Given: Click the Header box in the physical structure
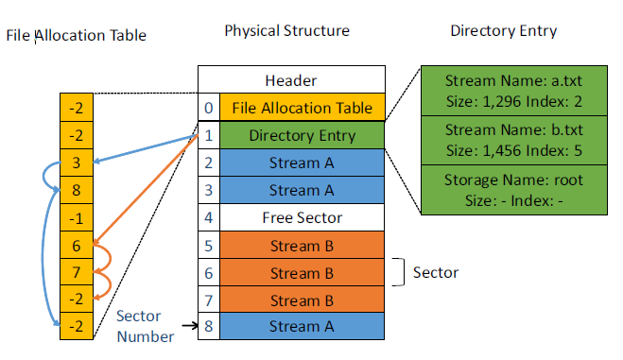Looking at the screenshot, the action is (x=291, y=79).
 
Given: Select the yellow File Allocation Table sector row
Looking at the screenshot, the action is (x=302, y=108).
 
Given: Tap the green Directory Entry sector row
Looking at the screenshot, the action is (x=302, y=135).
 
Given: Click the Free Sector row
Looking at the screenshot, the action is (x=302, y=217).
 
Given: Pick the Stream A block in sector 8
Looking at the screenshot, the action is (x=302, y=326).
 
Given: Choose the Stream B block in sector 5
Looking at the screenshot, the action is (x=302, y=246).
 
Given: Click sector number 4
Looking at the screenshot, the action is (x=209, y=217).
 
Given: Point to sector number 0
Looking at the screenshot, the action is (x=209, y=108).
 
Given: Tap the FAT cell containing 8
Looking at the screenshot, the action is (x=77, y=190).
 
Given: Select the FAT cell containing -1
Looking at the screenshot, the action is (x=77, y=218).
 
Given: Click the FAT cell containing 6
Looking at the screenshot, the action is (x=77, y=246).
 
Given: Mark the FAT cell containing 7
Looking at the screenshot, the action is (x=77, y=272).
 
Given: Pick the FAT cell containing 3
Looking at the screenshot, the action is (x=77, y=163).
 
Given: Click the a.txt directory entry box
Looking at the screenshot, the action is (x=514, y=91).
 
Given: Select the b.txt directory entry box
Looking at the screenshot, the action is (x=514, y=140).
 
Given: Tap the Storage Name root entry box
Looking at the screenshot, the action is (x=514, y=190).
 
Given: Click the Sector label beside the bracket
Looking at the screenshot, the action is (x=436, y=272).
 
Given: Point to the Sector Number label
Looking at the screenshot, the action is (x=145, y=326).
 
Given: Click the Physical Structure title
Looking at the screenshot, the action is (x=286, y=30).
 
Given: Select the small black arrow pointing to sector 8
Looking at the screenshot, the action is (x=190, y=326).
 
